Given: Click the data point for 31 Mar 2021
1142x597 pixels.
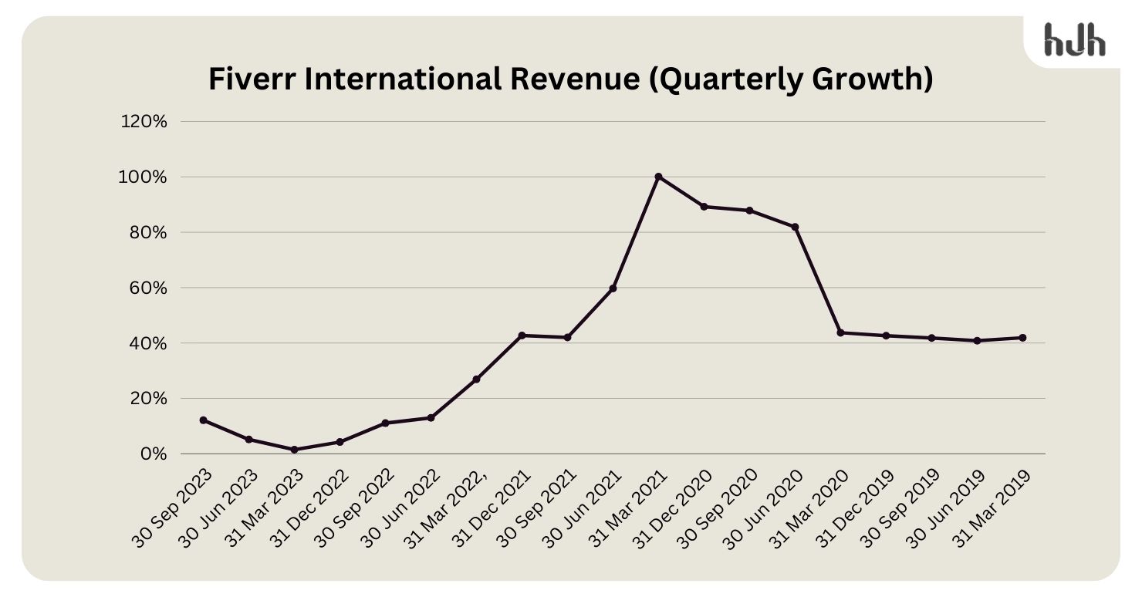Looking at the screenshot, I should [x=658, y=177].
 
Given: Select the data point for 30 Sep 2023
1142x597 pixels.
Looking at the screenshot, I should [x=203, y=420].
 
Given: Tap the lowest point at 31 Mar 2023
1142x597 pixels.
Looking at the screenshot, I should [x=294, y=450].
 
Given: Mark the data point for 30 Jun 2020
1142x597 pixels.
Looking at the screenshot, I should [x=795, y=227].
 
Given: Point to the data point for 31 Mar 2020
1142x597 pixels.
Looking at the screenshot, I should [x=840, y=332].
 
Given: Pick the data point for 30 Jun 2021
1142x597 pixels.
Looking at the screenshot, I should [x=613, y=288].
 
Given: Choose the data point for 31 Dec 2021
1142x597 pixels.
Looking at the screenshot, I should [x=522, y=336].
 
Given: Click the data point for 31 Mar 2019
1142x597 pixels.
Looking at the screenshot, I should [x=1022, y=338].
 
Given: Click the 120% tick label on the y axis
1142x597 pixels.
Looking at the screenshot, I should [x=145, y=122].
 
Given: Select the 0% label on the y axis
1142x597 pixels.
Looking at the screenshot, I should [x=154, y=454].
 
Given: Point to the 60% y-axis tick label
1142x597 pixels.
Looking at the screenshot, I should [x=149, y=288].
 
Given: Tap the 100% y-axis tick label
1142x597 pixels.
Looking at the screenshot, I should [x=145, y=177].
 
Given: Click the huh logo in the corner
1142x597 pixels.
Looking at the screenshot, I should [x=1074, y=39].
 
